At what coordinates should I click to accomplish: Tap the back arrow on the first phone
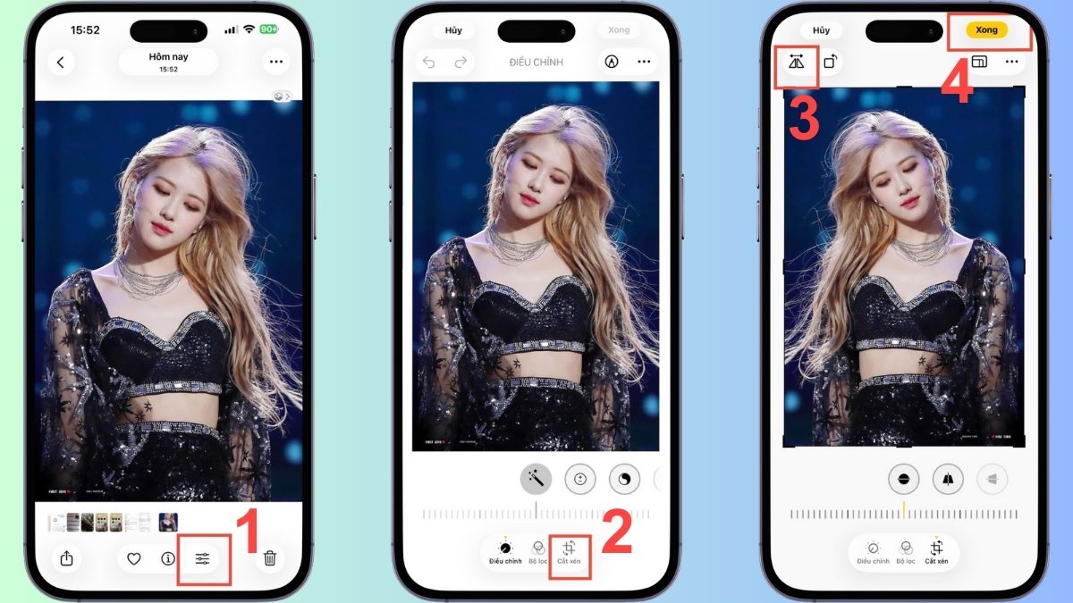click(61, 63)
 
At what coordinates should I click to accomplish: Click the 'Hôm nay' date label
click(168, 57)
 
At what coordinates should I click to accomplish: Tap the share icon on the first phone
click(67, 559)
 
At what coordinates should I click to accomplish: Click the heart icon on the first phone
click(134, 559)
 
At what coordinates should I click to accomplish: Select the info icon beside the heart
click(168, 559)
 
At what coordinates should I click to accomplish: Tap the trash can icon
click(270, 559)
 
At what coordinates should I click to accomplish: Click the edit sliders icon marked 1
click(203, 559)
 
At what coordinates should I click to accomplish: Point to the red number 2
click(617, 533)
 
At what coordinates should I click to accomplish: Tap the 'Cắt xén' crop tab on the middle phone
click(569, 552)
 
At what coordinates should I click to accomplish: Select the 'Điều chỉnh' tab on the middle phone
click(505, 552)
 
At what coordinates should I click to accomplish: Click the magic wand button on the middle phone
click(536, 479)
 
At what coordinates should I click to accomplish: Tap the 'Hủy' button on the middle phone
click(453, 29)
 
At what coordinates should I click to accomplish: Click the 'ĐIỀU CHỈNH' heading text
click(533, 63)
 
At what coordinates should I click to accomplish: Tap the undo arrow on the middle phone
click(429, 63)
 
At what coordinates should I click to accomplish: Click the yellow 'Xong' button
click(986, 29)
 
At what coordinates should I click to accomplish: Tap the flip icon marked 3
click(797, 63)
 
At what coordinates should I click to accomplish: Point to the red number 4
click(957, 86)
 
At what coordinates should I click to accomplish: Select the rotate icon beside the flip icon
click(831, 63)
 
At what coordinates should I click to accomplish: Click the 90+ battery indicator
click(268, 29)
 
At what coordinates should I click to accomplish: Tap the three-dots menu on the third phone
click(1012, 63)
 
